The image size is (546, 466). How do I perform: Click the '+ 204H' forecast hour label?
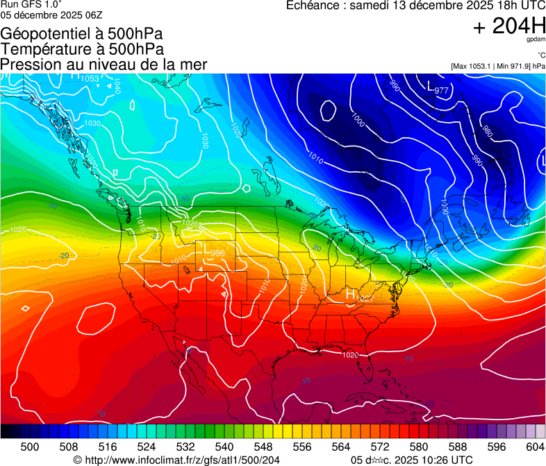coord(508,26)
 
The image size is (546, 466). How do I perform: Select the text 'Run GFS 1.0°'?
coord(31,5)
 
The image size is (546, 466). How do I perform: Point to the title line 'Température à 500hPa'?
coord(83,49)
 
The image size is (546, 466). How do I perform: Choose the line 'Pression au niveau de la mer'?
coord(104,64)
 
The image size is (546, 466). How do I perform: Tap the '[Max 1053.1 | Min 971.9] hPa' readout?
coord(497,66)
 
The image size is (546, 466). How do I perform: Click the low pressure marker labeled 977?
coord(431,87)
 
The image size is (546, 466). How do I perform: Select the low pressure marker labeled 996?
coord(206,248)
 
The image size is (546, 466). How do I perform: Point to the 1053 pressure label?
coord(90,78)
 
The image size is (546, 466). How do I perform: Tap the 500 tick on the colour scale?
coord(30,446)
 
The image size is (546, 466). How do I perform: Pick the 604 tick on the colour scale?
coord(535,446)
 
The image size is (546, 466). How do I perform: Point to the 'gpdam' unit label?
coord(536,41)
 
